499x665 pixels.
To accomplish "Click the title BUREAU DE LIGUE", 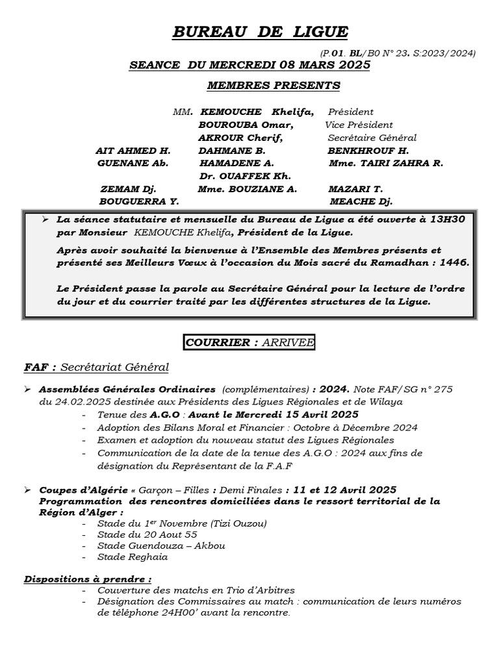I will pyautogui.click(x=260, y=32).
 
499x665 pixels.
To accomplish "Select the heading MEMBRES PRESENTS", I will pyautogui.click(x=273, y=85).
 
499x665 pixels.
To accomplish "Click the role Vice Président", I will pyautogui.click(x=359, y=125).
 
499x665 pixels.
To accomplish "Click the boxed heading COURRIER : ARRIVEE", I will pyautogui.click(x=249, y=342).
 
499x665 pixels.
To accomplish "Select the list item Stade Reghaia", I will pyautogui.click(x=133, y=557).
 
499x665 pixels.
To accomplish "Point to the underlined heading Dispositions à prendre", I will pyautogui.click(x=88, y=579).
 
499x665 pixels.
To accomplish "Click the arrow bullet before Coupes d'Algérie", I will pyautogui.click(x=28, y=489).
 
